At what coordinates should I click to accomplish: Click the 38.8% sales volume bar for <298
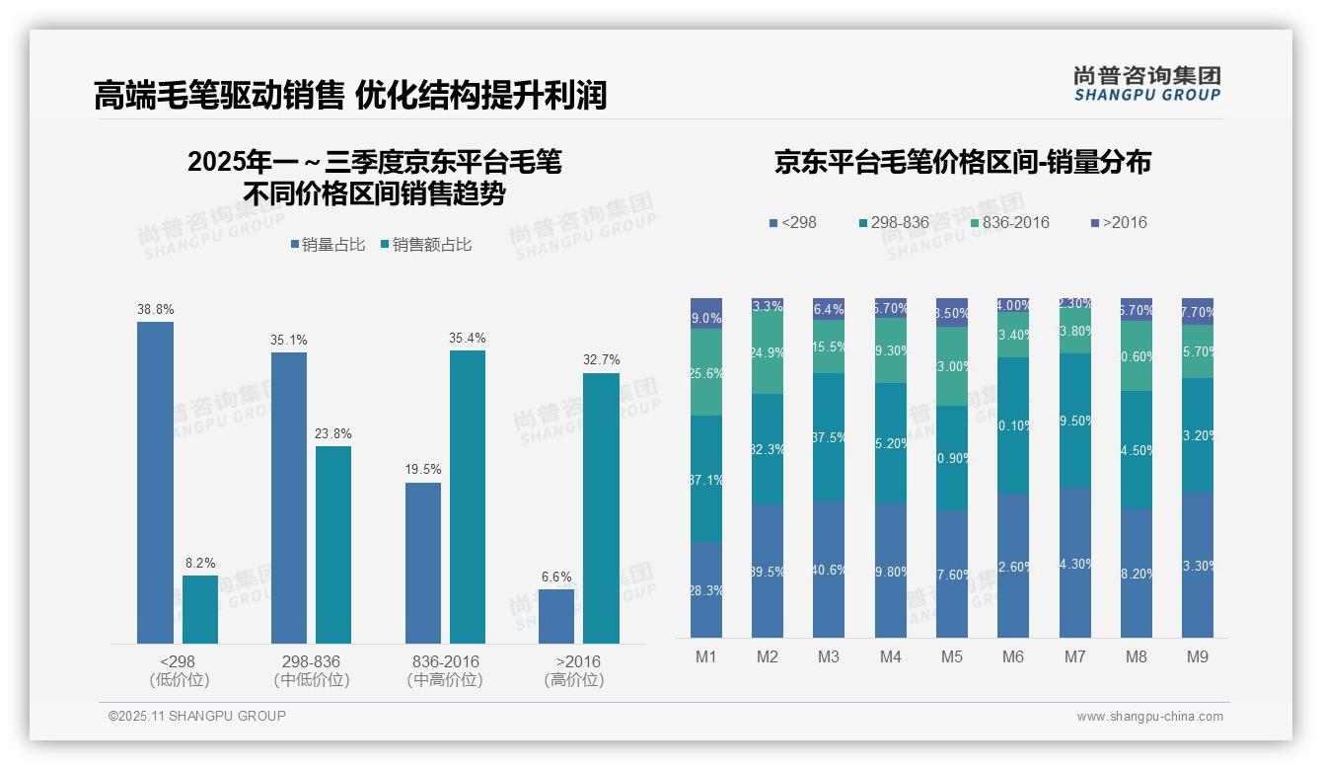[x=155, y=483]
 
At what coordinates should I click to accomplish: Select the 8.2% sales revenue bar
[x=200, y=609]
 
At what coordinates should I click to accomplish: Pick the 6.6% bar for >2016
[x=556, y=616]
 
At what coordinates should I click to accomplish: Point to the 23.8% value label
[x=333, y=434]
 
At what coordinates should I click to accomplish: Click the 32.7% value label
[x=601, y=360]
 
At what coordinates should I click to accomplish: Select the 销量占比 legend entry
[x=326, y=245]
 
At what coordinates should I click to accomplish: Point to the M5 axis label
[x=951, y=656]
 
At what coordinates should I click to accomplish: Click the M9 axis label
[x=1197, y=656]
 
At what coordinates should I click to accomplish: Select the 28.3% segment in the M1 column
[x=706, y=589]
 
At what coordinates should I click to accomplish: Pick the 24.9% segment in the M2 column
[x=768, y=352]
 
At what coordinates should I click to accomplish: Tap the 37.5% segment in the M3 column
[x=829, y=437]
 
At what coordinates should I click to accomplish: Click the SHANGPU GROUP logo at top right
[x=1146, y=84]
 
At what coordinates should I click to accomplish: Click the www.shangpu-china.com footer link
[x=1149, y=717]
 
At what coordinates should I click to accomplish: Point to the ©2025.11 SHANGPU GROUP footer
[x=197, y=717]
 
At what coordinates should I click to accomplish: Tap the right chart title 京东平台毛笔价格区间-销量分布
[x=962, y=163]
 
